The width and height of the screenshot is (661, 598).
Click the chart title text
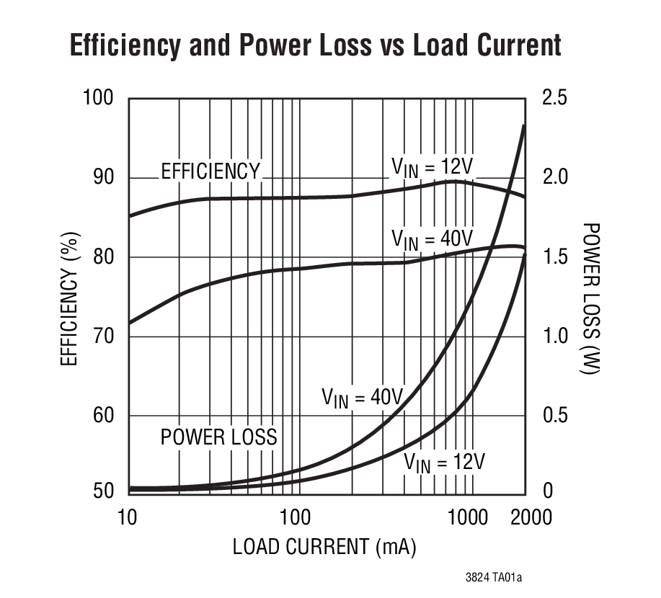click(x=316, y=45)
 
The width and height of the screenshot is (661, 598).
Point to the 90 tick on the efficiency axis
click(x=105, y=177)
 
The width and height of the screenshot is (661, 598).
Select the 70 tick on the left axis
click(x=105, y=336)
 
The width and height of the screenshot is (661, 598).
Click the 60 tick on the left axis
click(x=105, y=416)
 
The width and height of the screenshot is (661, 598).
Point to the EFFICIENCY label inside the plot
click(x=210, y=171)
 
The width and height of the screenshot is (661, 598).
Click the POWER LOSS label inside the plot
click(x=218, y=437)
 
